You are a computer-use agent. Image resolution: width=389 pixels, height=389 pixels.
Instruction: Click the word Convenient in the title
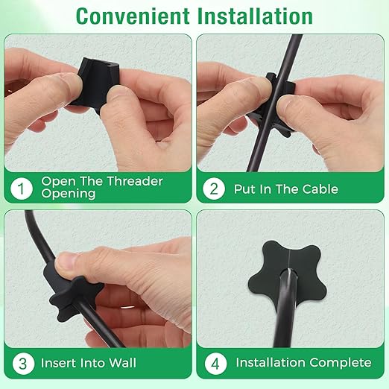coord(133,16)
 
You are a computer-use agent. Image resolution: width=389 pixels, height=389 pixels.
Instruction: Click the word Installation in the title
coord(255,16)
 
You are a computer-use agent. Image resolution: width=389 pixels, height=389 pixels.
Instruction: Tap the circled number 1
coord(22,188)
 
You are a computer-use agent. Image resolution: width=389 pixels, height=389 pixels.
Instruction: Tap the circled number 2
coord(214,189)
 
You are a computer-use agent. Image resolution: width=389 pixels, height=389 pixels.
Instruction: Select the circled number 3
coord(23,363)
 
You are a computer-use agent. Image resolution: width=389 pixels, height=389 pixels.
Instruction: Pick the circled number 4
coord(215,363)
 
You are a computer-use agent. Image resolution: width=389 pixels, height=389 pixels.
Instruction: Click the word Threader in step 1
coord(135,181)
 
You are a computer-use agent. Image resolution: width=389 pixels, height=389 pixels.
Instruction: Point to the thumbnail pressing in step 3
coord(66,263)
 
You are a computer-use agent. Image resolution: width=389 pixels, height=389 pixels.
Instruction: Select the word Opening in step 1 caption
coord(69,194)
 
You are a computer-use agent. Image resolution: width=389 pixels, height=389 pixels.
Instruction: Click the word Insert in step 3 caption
coord(60,363)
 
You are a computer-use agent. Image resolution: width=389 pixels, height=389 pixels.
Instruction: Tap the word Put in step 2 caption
coord(244,189)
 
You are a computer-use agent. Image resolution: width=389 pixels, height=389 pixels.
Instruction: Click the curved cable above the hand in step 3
coord(39,236)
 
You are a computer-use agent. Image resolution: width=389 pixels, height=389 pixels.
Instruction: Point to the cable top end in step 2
coord(297,35)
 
